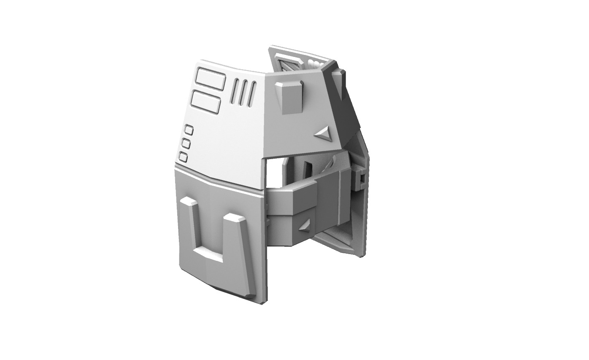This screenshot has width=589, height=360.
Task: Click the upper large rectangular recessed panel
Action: tap(209, 79)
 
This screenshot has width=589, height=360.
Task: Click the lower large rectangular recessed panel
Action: tap(205, 102)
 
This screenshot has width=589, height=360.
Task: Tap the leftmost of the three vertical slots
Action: tap(236, 91)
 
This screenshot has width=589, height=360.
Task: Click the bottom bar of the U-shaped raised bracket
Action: tap(208, 257)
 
